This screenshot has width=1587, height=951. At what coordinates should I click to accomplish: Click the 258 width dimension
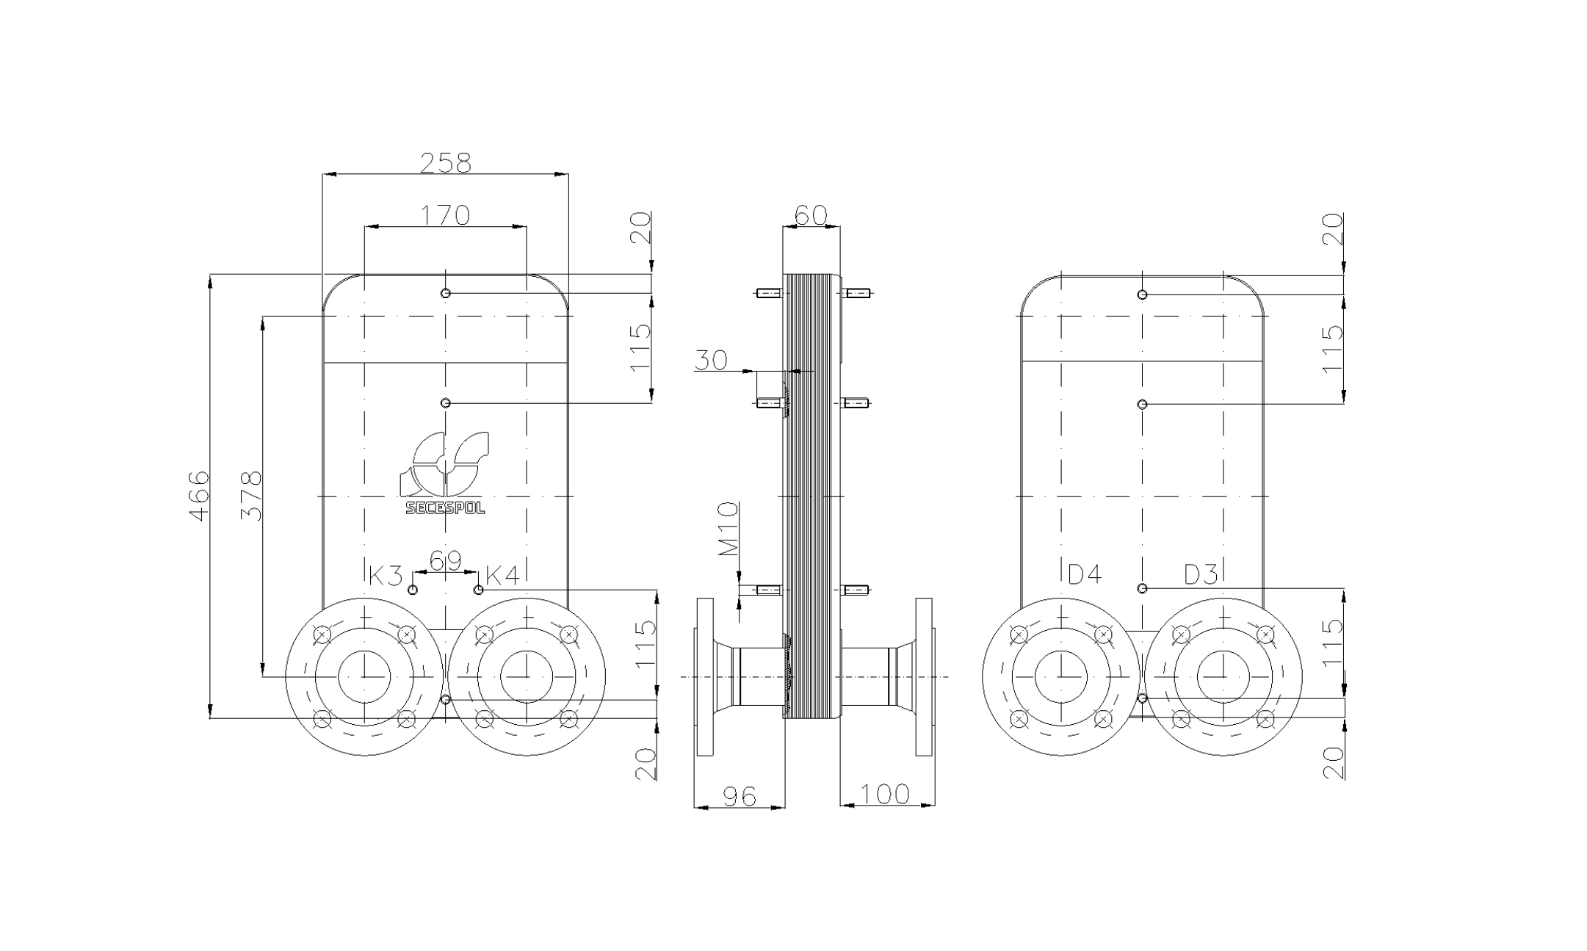click(x=445, y=163)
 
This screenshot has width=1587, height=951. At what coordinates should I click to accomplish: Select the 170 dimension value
click(x=445, y=215)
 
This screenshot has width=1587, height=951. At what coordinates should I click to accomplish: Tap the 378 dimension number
click(x=251, y=496)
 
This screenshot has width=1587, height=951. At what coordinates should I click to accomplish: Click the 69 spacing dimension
click(x=445, y=562)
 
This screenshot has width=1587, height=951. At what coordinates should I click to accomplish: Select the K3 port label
click(x=385, y=576)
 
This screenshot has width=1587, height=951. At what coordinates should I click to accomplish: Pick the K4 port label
click(x=503, y=576)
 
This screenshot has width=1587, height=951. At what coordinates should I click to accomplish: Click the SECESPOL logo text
click(x=445, y=508)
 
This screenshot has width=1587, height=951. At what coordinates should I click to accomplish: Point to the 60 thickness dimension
click(x=811, y=215)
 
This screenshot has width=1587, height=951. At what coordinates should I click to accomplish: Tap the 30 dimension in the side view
click(x=710, y=361)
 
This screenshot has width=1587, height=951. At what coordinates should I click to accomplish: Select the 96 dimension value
click(x=739, y=796)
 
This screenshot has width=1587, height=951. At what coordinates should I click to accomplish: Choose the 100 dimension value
click(x=884, y=794)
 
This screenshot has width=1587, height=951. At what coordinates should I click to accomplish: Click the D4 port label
click(x=1084, y=574)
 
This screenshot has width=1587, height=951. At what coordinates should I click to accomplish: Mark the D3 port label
click(x=1201, y=574)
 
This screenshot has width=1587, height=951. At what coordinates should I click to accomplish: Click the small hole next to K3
click(x=413, y=590)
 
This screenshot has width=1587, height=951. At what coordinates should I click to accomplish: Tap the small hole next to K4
click(x=478, y=590)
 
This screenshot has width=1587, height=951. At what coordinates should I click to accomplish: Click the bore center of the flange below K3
click(x=364, y=676)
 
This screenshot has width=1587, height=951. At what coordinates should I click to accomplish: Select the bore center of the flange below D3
click(x=1223, y=676)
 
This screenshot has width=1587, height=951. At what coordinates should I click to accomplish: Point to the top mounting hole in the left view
click(x=445, y=294)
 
